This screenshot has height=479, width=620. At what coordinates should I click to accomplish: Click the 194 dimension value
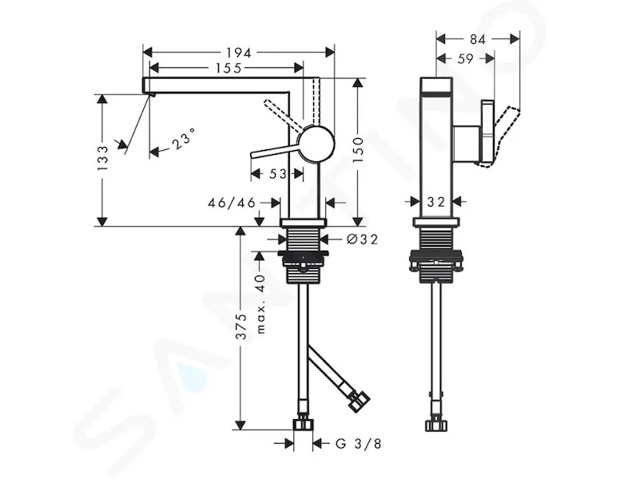tap(238, 53)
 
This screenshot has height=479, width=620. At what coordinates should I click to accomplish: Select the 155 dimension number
tap(229, 69)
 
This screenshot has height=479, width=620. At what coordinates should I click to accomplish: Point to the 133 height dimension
tap(102, 158)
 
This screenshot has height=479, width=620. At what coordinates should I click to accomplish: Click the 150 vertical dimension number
tap(357, 150)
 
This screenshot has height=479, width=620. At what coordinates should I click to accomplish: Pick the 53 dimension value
tap(277, 173)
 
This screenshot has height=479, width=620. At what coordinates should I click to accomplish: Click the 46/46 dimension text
tap(232, 203)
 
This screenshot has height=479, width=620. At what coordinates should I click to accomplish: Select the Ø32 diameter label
tap(362, 239)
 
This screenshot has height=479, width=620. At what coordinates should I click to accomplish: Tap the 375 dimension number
tap(240, 327)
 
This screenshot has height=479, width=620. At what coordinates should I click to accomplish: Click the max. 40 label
tap(260, 303)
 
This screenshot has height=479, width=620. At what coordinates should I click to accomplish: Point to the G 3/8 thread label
tap(359, 444)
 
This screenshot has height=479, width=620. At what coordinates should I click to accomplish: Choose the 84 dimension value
tap(477, 39)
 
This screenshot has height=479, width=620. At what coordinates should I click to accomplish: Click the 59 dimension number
tap(465, 58)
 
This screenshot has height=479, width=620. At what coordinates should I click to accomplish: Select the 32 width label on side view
tap(436, 202)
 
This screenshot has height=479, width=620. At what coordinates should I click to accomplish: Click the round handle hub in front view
tap(316, 144)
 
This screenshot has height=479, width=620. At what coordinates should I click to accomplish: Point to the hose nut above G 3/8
tap(303, 424)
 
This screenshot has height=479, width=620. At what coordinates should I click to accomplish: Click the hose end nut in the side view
tap(436, 426)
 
